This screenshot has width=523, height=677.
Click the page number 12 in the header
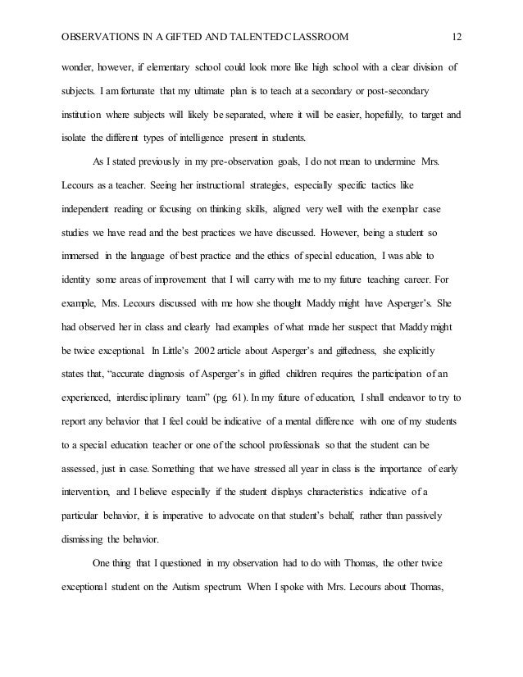click(458, 36)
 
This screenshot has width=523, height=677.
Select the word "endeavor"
click(411, 398)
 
